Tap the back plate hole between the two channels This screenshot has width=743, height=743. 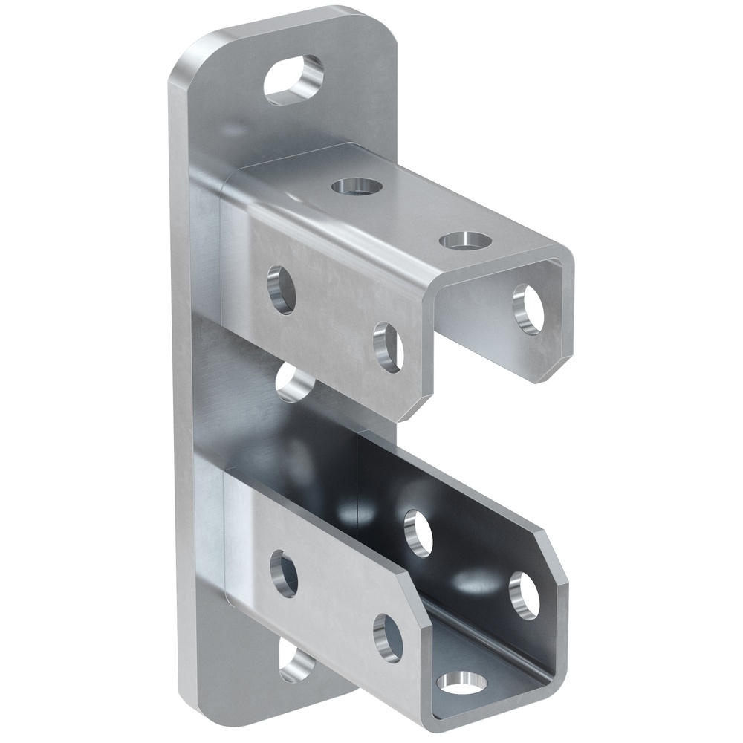click(x=295, y=383)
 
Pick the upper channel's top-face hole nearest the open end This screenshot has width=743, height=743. click(x=465, y=241)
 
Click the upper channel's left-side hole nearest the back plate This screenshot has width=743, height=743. click(x=282, y=289)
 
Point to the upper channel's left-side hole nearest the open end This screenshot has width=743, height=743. click(x=389, y=347)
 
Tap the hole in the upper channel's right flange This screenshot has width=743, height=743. click(x=529, y=309)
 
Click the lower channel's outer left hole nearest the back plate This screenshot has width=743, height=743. click(x=284, y=574)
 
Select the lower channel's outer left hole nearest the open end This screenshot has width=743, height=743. click(x=389, y=637)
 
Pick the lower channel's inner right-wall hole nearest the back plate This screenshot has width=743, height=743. click(x=418, y=533)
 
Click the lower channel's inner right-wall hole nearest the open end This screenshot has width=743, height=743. click(x=525, y=595)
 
